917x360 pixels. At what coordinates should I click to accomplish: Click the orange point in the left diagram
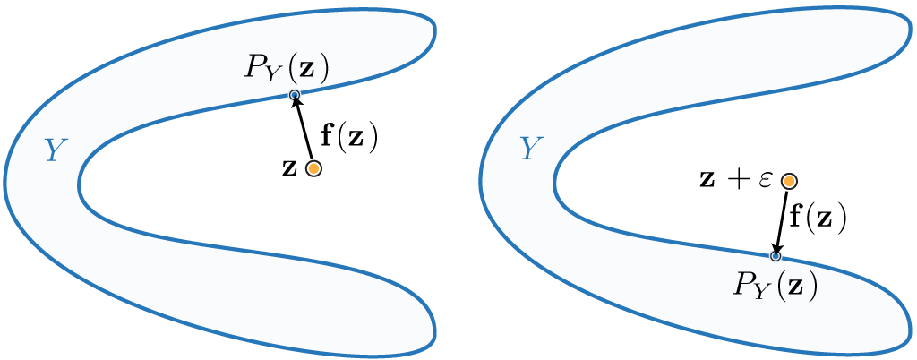click(313, 168)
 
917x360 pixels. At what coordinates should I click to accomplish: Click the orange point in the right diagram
click(789, 182)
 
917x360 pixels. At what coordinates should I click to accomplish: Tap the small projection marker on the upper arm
click(294, 95)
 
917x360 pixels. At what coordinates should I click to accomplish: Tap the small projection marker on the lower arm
click(776, 256)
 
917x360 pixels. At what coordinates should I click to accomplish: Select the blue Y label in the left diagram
click(56, 150)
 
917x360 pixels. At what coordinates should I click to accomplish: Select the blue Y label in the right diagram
click(531, 149)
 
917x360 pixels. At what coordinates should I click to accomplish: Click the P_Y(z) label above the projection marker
click(287, 68)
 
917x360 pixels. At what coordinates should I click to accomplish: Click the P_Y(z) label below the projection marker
click(776, 285)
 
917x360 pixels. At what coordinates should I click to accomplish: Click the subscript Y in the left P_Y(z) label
click(272, 74)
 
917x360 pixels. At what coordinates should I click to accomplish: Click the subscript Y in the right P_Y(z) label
click(761, 291)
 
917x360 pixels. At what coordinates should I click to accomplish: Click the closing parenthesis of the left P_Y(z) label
click(324, 68)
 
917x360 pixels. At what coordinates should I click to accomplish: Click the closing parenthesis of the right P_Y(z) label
click(813, 286)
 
